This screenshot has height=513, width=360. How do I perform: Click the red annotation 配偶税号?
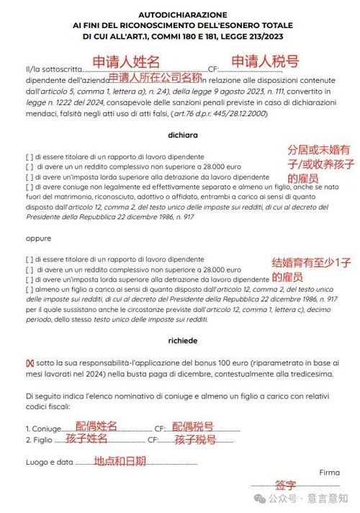pyautogui.click(x=192, y=427)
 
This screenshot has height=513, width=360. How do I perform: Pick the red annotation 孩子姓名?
pyautogui.click(x=86, y=438)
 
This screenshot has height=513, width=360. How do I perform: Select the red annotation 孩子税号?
pyautogui.click(x=195, y=439)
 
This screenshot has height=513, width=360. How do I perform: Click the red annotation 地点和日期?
pyautogui.click(x=120, y=461)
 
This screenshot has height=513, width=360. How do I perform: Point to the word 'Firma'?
pyautogui.click(x=328, y=473)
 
